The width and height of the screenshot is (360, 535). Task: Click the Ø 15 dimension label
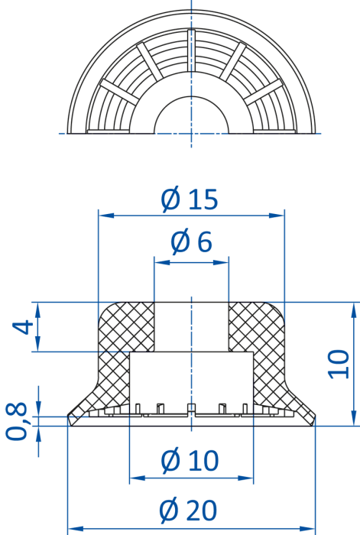[189, 200]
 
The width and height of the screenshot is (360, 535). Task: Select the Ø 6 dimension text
[191, 242]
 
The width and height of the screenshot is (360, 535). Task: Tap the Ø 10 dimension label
[190, 461]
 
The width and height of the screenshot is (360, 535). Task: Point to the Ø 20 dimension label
[188, 511]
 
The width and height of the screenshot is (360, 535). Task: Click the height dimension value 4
[23, 328]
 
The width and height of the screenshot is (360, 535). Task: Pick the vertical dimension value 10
[338, 364]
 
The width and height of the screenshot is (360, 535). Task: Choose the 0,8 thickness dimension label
[16, 421]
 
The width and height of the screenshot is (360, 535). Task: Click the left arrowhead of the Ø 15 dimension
[105, 216]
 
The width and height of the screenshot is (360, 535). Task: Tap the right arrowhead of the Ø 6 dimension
[221, 262]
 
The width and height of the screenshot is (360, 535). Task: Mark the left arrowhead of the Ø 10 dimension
[137, 478]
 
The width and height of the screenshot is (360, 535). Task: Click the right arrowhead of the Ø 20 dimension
[307, 529]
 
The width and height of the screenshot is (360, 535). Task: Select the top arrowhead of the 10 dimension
[354, 310]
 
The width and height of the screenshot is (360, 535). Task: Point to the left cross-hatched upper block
[127, 326]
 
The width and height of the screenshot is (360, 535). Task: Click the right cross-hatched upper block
[256, 326]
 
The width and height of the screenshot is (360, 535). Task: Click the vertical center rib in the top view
[191, 50]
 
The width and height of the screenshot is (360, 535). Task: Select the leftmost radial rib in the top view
[119, 92]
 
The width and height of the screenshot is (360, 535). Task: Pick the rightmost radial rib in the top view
[263, 92]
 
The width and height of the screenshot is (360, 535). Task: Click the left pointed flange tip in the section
[68, 416]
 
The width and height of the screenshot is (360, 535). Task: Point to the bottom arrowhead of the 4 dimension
[38, 344]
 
